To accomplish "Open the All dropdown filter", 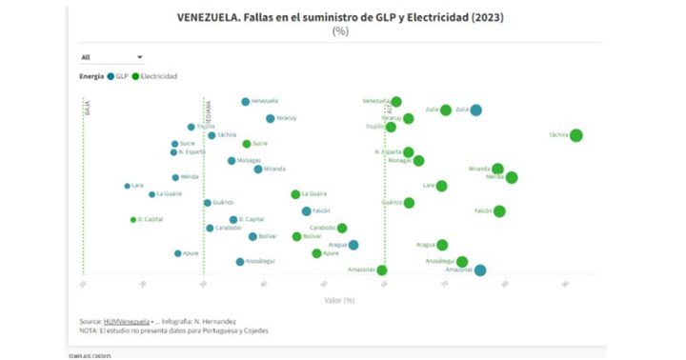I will [x=111, y=57].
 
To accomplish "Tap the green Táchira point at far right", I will [x=575, y=135].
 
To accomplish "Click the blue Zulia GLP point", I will [x=475, y=110].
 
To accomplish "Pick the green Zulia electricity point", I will [x=445, y=110].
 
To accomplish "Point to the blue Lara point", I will [x=127, y=186].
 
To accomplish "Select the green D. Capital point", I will [x=133, y=219].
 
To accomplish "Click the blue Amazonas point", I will [x=480, y=270].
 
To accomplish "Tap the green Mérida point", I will [x=512, y=177].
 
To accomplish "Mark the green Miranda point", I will [x=497, y=169].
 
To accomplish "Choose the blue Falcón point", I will [x=306, y=211].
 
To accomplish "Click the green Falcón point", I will [x=499, y=210].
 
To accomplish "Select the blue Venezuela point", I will [x=245, y=101].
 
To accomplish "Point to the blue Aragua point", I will [x=353, y=245].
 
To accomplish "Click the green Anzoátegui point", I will [x=462, y=261].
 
